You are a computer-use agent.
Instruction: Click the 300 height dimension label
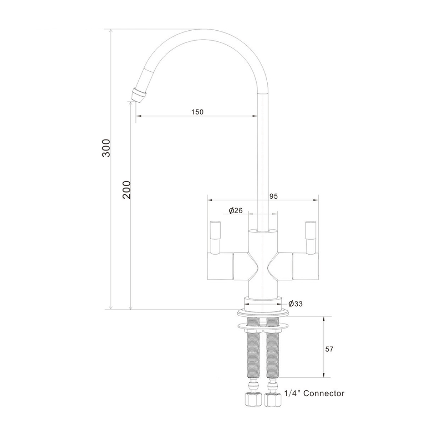pos(106,148)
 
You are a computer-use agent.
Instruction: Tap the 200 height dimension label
pos(126,189)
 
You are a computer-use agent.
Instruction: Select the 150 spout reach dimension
pos(197,112)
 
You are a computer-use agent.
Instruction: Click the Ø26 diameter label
pos(235,211)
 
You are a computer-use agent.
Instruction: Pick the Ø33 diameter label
pos(295,303)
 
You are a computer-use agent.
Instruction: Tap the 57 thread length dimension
pos(329,349)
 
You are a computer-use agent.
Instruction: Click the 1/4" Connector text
pos(314,393)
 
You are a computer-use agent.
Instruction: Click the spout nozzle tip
pos(138,95)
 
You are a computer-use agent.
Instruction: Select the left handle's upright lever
pos(216,236)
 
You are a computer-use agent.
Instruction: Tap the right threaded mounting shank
pos(273,354)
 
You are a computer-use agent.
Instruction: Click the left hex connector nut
pos(252,400)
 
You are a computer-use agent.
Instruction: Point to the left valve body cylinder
pos(220,266)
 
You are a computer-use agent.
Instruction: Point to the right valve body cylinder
pos(305,266)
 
